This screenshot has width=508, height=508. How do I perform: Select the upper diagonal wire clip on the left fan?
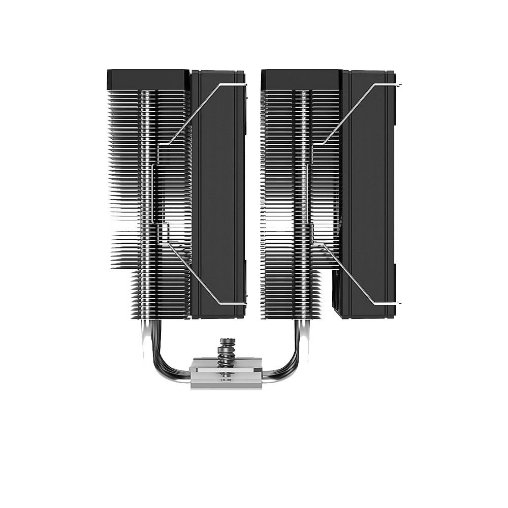(x=196, y=112)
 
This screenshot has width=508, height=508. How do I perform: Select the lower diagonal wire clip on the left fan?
(x=196, y=274)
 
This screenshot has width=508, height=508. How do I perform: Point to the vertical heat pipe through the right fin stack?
(x=304, y=203)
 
